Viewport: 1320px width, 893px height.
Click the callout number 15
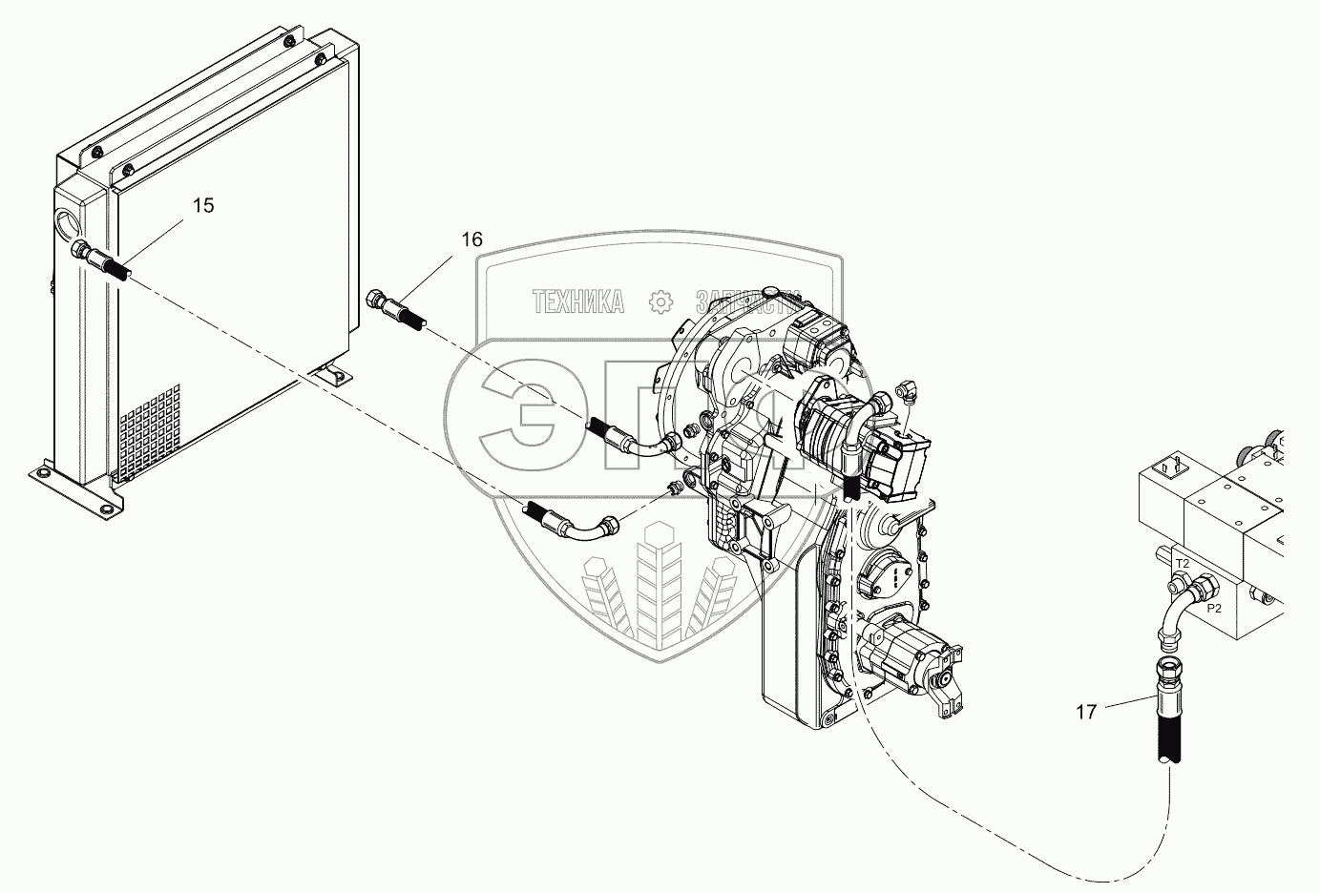[x=203, y=205]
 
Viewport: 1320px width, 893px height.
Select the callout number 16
[x=472, y=239]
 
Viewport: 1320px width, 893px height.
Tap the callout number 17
[x=1086, y=711]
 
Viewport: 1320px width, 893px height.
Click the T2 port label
[x=1182, y=564]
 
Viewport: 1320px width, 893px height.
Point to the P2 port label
[x=1214, y=608]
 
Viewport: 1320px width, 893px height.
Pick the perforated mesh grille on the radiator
[x=150, y=428]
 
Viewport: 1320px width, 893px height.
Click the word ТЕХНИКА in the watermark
[x=578, y=302]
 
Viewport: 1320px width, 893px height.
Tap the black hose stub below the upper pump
[x=851, y=488]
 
